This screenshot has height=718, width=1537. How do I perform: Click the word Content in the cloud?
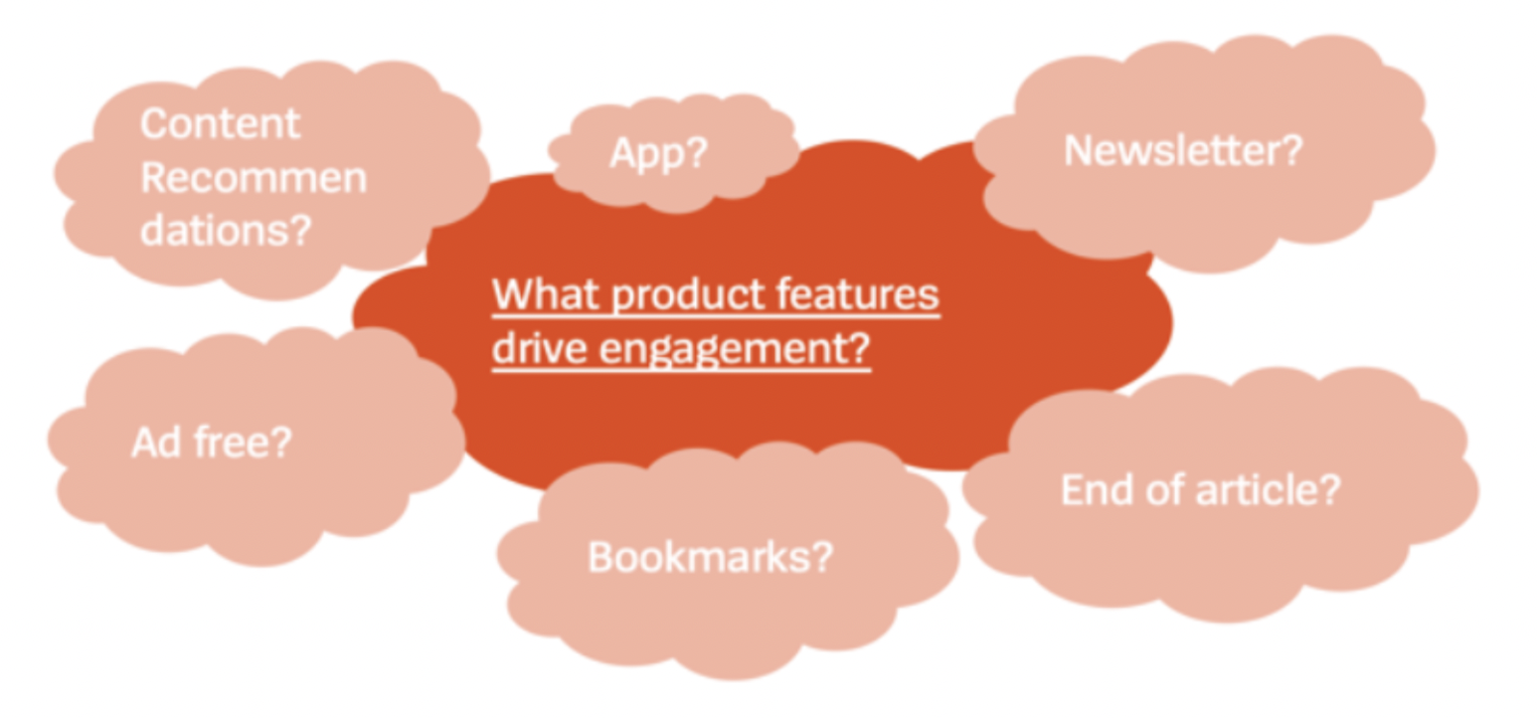tap(221, 123)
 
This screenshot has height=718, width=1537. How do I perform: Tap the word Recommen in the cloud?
tap(254, 178)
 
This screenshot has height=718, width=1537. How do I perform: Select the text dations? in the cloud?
tap(226, 230)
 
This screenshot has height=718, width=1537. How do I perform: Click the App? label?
tap(659, 153)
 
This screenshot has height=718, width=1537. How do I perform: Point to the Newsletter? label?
tap(1183, 150)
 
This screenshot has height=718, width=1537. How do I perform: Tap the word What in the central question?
tap(546, 294)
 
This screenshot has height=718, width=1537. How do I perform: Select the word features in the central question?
tap(858, 294)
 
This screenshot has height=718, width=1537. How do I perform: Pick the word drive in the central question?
tap(539, 347)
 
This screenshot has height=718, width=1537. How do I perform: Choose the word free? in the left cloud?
tap(243, 443)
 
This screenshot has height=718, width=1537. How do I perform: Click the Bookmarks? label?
tap(710, 557)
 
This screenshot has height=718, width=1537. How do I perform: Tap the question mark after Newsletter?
tap(1291, 150)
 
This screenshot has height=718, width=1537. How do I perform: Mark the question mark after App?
tap(697, 152)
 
